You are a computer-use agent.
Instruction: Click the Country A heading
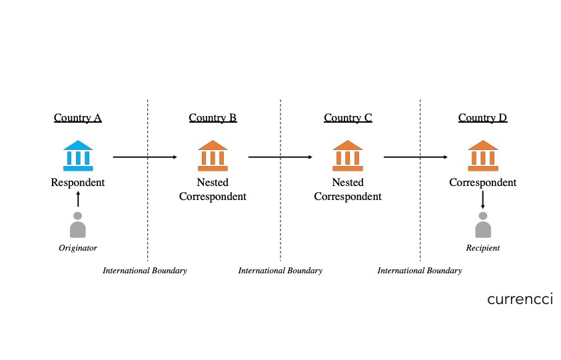click(78, 119)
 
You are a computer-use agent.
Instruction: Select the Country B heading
click(213, 119)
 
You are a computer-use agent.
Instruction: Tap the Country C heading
click(348, 119)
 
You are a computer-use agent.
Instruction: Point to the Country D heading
click(482, 119)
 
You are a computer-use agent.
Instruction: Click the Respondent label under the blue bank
click(78, 183)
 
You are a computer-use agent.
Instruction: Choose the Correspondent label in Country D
click(482, 183)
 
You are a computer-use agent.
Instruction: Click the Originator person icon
click(78, 225)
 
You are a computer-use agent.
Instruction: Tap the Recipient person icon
click(482, 225)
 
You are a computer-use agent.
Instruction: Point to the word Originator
click(78, 249)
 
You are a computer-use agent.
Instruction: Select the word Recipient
click(482, 249)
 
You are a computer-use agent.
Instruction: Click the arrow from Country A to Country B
click(145, 157)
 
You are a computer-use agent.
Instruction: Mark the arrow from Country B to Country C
click(280, 157)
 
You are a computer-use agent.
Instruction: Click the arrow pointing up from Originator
click(78, 199)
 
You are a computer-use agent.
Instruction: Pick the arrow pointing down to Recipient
click(482, 199)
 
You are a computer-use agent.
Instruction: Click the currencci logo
click(520, 299)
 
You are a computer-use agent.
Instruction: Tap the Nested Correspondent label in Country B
click(213, 189)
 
